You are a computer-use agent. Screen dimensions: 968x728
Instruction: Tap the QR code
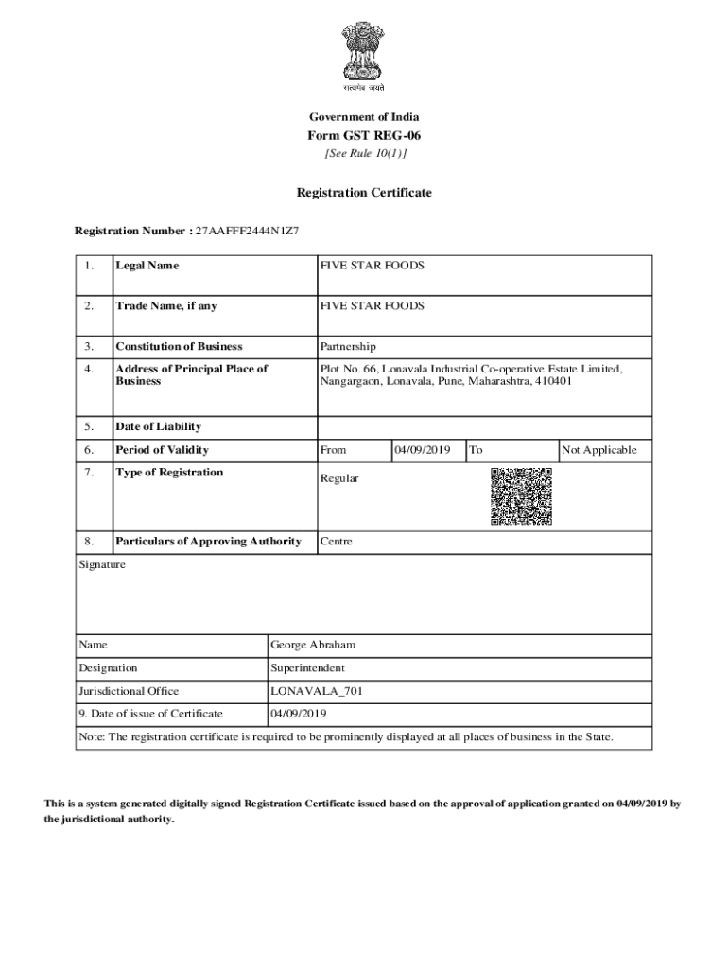[x=521, y=496]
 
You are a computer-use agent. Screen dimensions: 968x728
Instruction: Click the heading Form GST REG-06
[x=364, y=135]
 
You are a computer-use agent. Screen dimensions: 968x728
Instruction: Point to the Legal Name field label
[x=147, y=266]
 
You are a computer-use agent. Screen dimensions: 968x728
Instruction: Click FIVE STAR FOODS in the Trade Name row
[x=372, y=306]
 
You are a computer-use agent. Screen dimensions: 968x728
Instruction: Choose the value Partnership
[x=347, y=347]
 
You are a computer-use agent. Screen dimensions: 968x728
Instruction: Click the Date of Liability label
[x=158, y=426]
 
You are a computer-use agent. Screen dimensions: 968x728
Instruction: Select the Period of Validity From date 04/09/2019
[x=423, y=450]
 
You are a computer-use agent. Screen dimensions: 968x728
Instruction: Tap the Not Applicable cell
[x=598, y=450]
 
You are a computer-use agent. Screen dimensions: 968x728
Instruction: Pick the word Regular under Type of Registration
[x=339, y=478]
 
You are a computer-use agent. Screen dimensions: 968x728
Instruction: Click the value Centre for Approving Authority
[x=337, y=542]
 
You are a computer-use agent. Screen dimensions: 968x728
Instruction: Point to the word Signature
[x=102, y=564]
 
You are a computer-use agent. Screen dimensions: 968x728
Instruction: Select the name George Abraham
[x=312, y=646]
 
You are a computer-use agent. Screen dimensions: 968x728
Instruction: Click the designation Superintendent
[x=307, y=668]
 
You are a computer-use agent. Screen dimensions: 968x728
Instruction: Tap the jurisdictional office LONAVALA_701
[x=316, y=691]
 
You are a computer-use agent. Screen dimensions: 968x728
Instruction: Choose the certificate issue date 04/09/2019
[x=298, y=714]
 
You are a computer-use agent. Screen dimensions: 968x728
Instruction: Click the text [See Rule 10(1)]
[x=364, y=154]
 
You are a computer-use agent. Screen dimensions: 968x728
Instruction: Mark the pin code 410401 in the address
[x=552, y=382]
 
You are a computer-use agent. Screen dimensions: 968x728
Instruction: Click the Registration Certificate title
[x=364, y=193]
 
